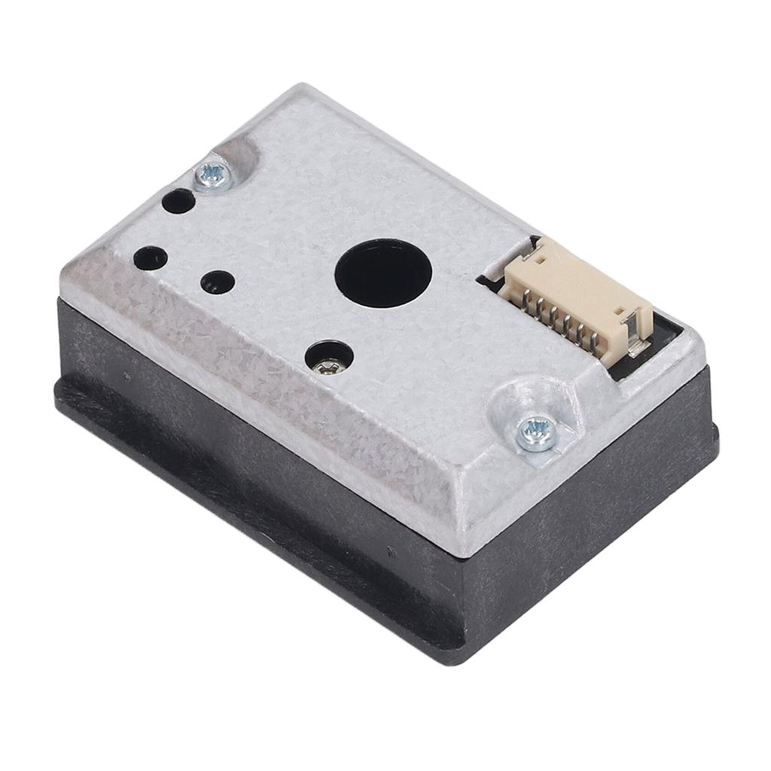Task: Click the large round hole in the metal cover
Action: click(382, 272)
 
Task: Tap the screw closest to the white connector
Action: click(535, 433)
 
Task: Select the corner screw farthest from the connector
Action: click(211, 175)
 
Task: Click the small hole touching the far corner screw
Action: click(178, 200)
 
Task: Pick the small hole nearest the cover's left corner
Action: click(150, 258)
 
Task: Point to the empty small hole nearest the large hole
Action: click(218, 282)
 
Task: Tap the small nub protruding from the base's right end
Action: click(715, 437)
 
